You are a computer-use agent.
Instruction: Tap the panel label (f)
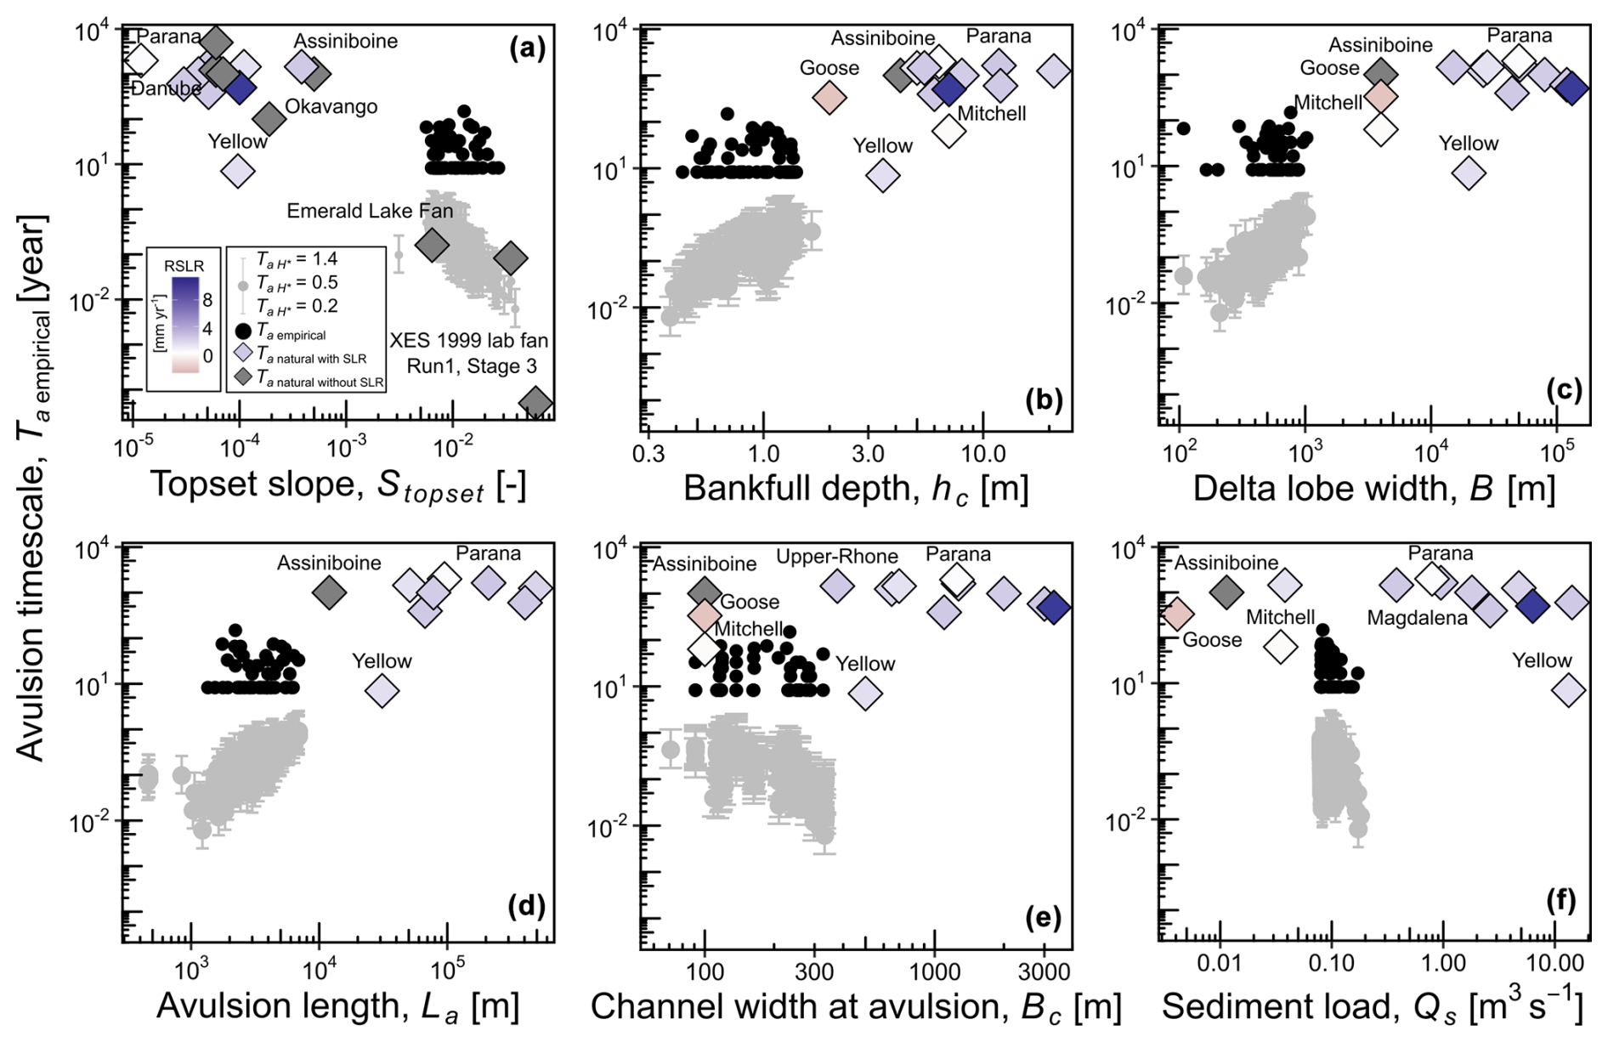click(x=1562, y=900)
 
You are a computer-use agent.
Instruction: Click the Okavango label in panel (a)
click(x=331, y=107)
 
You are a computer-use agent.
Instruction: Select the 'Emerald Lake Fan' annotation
click(x=370, y=211)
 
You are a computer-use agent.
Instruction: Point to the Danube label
click(x=166, y=88)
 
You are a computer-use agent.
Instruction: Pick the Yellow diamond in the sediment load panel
click(x=1569, y=690)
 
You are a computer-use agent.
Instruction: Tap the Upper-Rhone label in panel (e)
click(x=837, y=557)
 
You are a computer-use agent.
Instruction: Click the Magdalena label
click(x=1417, y=618)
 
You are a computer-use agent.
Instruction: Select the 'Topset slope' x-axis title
click(x=338, y=486)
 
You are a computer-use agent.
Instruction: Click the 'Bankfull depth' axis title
click(x=856, y=490)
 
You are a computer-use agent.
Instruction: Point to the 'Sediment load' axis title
click(x=1372, y=1006)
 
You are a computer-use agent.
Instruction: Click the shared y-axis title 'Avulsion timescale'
click(x=32, y=486)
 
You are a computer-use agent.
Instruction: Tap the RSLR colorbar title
click(x=184, y=266)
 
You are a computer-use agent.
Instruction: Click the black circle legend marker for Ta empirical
click(x=243, y=334)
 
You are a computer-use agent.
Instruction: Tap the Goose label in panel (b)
click(x=829, y=68)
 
